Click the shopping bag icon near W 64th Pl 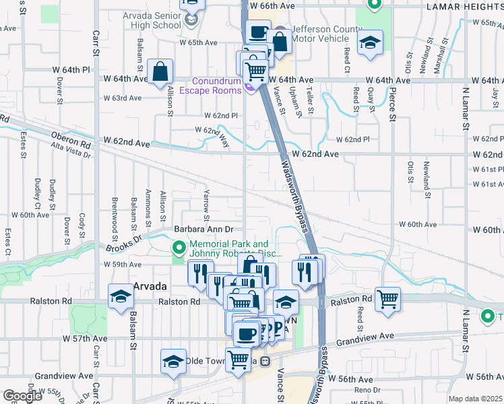click(x=161, y=70)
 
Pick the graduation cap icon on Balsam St click(x=121, y=296)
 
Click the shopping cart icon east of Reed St click(x=388, y=298)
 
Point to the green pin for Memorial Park click(x=179, y=248)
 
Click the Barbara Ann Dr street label click(x=203, y=230)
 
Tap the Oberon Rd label click(x=70, y=139)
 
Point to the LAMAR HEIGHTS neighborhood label click(x=464, y=6)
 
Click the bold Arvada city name click(x=149, y=286)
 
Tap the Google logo click(x=22, y=396)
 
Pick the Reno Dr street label click(x=367, y=390)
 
